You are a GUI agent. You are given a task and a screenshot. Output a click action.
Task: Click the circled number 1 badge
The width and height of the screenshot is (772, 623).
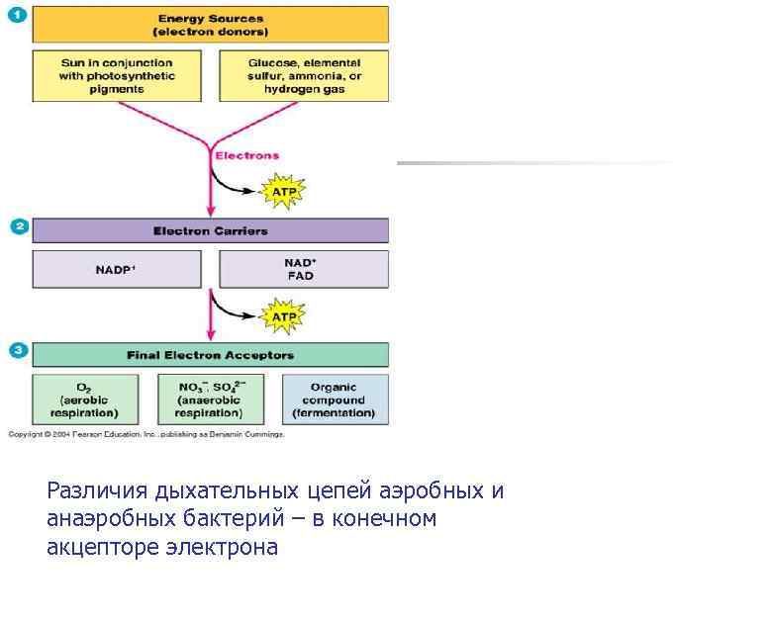click(17, 17)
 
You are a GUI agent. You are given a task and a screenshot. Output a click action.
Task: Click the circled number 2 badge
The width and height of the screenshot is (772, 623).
click(18, 226)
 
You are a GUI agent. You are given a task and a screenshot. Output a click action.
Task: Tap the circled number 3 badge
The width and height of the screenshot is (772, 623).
click(18, 350)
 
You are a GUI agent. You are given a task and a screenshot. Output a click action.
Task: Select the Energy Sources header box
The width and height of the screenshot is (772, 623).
click(211, 25)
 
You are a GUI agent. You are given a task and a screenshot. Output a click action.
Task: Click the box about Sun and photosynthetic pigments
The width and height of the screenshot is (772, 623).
click(116, 76)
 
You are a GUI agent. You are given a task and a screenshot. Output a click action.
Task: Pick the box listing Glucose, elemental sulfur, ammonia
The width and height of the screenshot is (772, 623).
click(304, 76)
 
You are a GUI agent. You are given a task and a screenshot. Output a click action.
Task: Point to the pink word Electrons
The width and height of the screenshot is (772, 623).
click(246, 155)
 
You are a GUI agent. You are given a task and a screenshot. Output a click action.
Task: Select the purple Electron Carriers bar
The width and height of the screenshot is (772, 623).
click(211, 231)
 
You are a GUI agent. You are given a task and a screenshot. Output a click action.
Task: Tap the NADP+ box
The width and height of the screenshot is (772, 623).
click(116, 269)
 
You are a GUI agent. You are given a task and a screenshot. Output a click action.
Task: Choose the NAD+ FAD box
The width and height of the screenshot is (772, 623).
click(304, 269)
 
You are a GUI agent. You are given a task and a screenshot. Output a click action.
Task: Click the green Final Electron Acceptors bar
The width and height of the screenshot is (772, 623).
click(211, 355)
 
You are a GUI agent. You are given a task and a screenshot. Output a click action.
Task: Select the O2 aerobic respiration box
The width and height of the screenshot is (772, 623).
click(85, 400)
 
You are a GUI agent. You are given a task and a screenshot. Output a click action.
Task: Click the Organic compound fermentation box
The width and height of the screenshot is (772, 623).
click(335, 400)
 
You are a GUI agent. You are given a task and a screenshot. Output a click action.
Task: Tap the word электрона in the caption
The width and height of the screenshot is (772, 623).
click(231, 547)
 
